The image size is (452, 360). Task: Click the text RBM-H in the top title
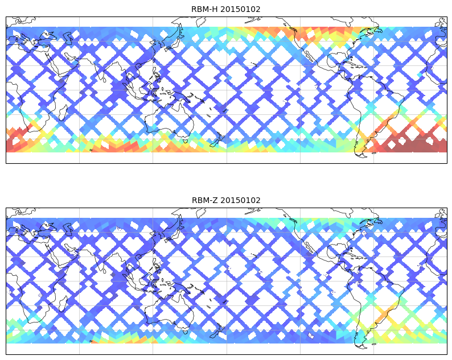[x=204, y=9]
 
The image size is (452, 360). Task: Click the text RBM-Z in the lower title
[x=204, y=200]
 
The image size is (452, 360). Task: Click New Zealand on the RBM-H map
[x=217, y=140]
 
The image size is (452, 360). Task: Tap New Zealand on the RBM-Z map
[x=217, y=331]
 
